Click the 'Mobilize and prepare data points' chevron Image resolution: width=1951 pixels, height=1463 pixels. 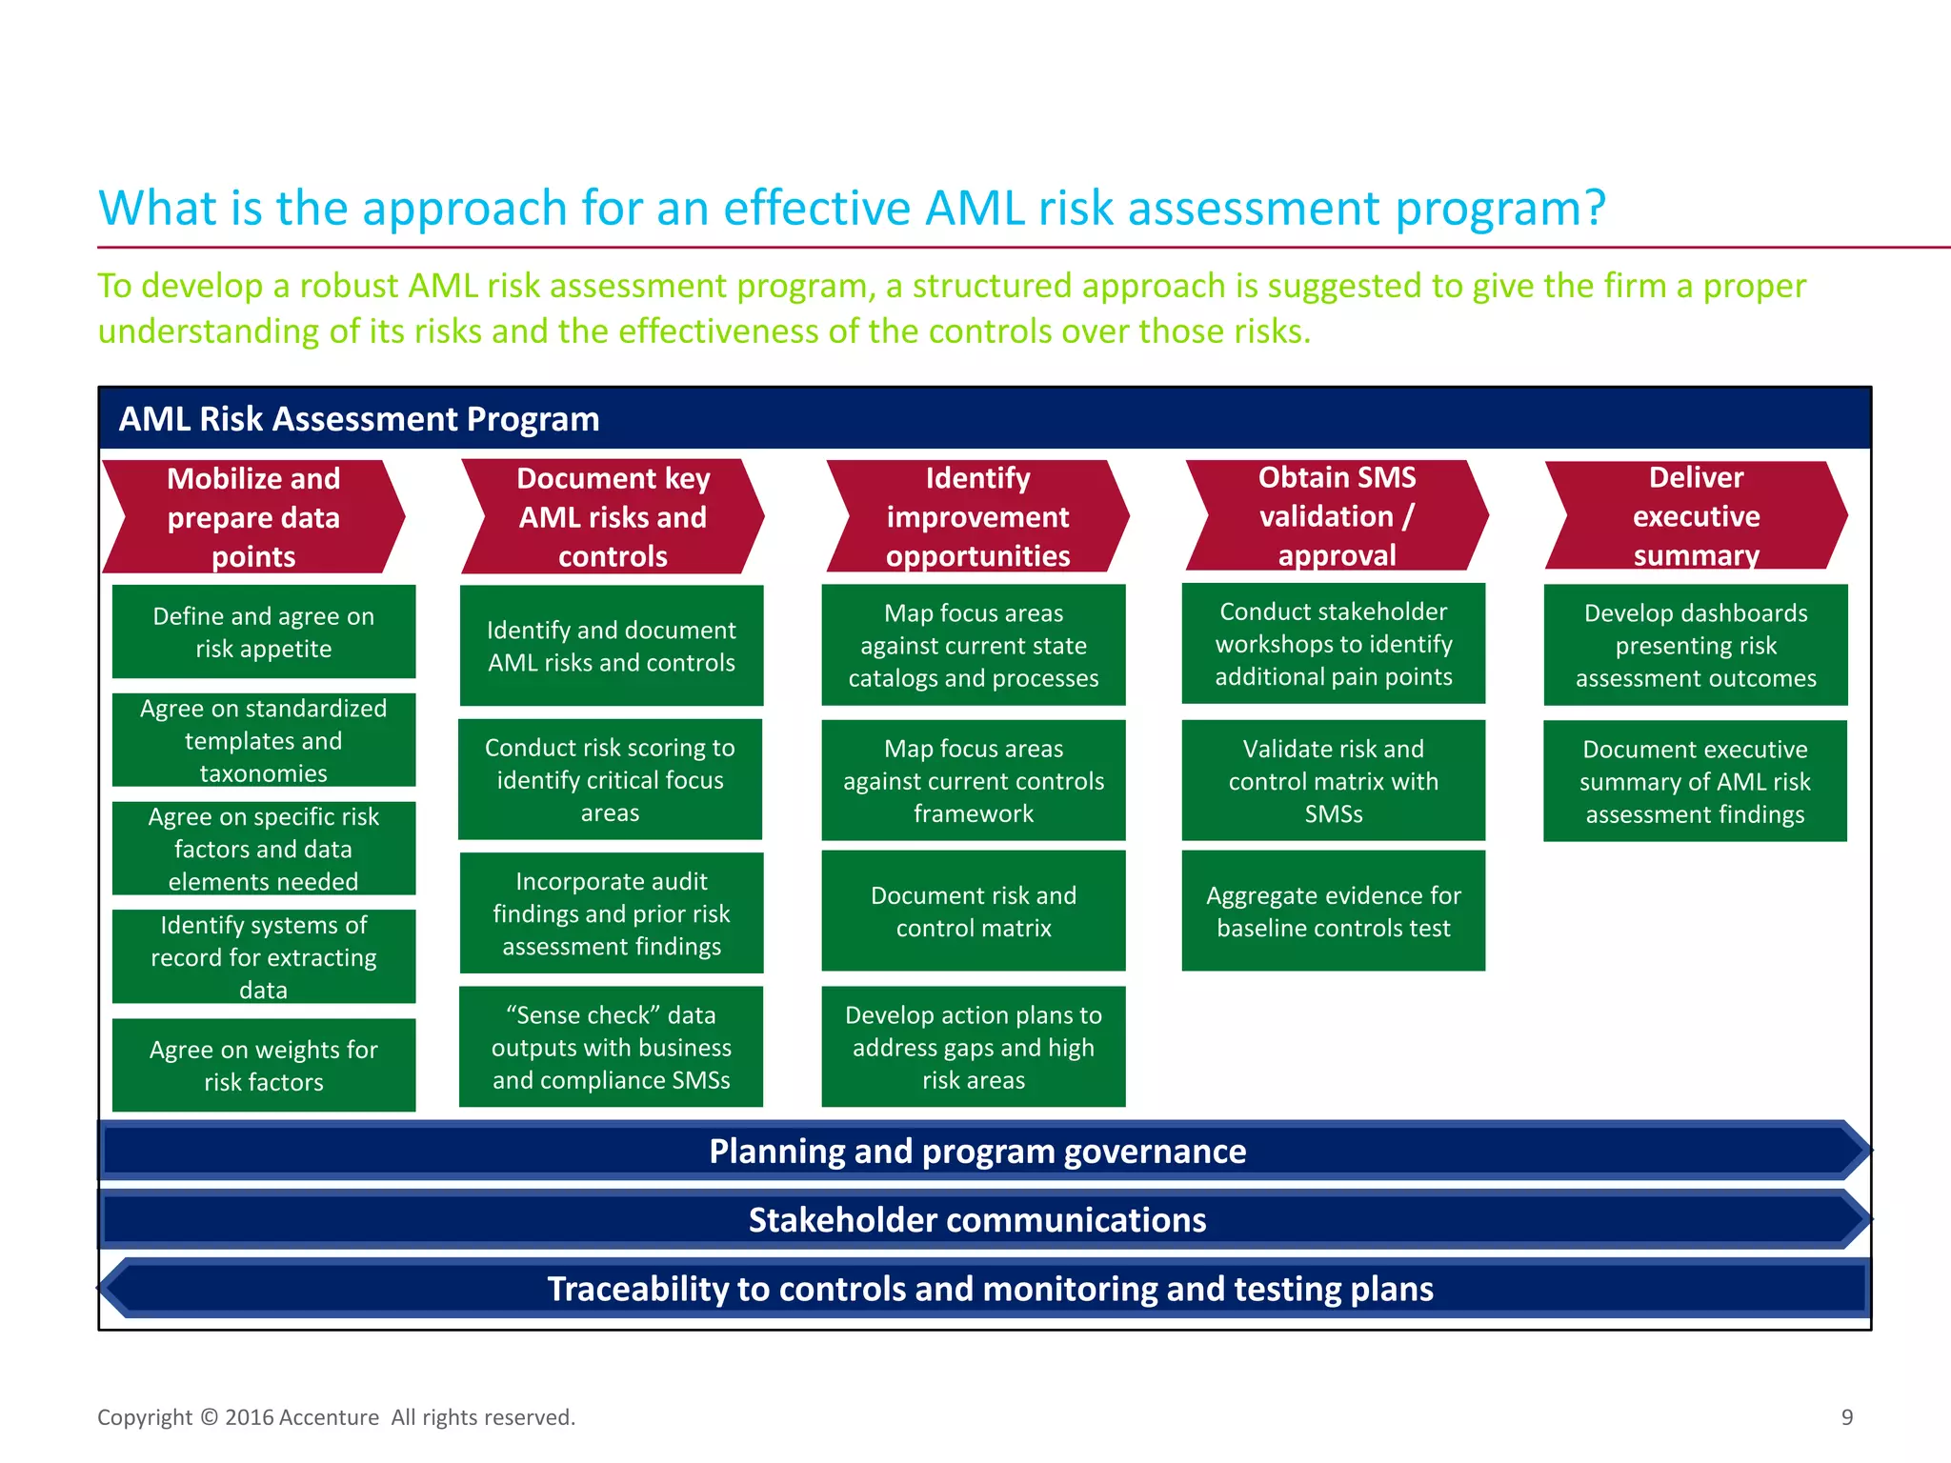pyautogui.click(x=253, y=517)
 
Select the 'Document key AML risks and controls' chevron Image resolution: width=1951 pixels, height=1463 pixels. pyautogui.click(x=613, y=517)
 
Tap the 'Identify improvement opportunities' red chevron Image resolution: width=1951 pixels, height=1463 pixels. pyautogui.click(x=977, y=517)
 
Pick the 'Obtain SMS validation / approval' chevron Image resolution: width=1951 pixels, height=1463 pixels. pyautogui.click(x=1337, y=516)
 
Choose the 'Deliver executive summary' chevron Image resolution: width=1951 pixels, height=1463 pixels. pyautogui.click(x=1696, y=516)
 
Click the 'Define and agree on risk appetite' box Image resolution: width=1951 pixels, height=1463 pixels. pyautogui.click(x=264, y=631)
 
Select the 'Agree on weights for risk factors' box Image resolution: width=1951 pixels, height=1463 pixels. pyautogui.click(x=264, y=1065)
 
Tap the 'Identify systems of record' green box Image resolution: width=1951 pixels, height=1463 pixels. pyautogui.click(x=264, y=956)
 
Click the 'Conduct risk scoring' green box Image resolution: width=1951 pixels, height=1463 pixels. pyautogui.click(x=610, y=779)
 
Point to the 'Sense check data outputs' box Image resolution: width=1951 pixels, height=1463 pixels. pyautogui.click(x=611, y=1047)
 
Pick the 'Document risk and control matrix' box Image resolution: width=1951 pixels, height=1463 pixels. pyautogui.click(x=974, y=911)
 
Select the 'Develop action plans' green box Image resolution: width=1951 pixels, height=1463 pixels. pyautogui.click(x=974, y=1047)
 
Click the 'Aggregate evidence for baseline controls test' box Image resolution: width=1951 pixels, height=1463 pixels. pyautogui.click(x=1333, y=911)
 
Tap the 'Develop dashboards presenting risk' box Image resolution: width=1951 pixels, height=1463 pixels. pyautogui.click(x=1696, y=645)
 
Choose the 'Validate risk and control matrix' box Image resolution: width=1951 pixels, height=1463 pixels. pyautogui.click(x=1333, y=780)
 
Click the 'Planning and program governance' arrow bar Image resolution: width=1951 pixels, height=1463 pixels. pyautogui.click(x=977, y=1151)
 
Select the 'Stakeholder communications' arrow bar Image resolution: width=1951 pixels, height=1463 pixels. pyautogui.click(x=977, y=1219)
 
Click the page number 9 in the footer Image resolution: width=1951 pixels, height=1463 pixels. pyautogui.click(x=1847, y=1417)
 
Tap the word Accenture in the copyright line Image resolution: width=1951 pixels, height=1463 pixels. pyautogui.click(x=330, y=1417)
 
